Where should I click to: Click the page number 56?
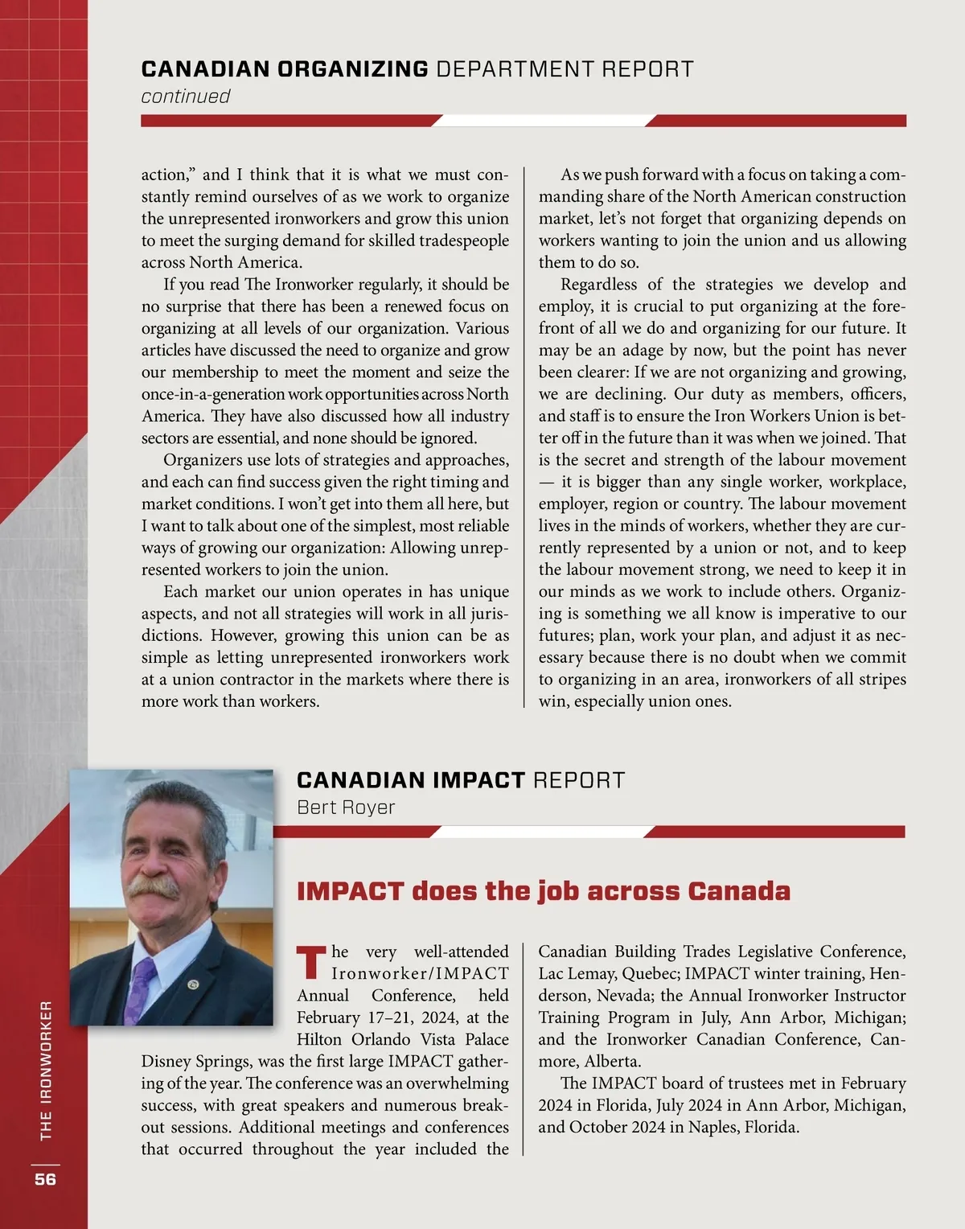45,1179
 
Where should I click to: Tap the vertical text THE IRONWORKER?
46,1070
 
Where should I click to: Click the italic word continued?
186,97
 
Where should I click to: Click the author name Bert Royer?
346,808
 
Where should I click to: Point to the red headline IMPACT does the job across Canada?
544,891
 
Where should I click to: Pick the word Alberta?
613,1062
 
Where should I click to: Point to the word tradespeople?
462,240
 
